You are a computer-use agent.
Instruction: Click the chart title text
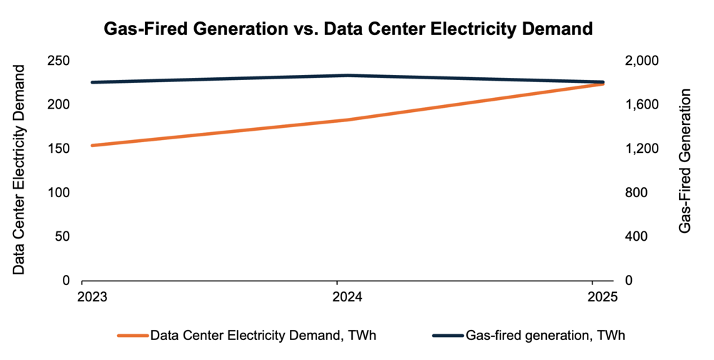tap(348, 29)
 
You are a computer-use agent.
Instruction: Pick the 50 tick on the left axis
tap(62, 236)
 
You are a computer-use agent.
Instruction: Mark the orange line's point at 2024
tap(348, 120)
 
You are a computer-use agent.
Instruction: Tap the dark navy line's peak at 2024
tap(348, 75)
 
